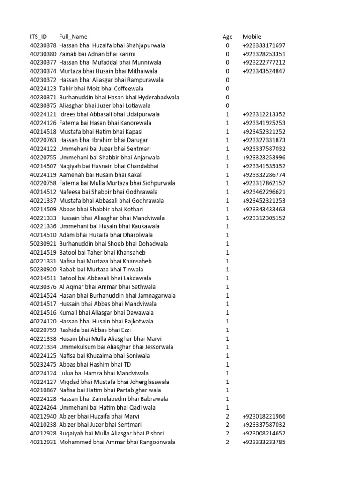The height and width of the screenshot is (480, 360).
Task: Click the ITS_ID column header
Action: coord(38,37)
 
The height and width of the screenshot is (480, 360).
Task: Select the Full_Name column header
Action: coord(73,37)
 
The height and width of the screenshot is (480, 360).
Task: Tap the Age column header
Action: coord(227,37)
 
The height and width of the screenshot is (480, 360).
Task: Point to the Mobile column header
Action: coord(252,37)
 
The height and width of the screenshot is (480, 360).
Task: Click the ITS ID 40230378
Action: coord(43,45)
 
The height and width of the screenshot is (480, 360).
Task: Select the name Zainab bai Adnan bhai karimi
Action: coord(97,54)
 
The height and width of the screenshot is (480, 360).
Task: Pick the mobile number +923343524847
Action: coord(264,71)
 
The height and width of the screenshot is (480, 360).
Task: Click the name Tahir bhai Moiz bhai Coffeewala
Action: coord(101,89)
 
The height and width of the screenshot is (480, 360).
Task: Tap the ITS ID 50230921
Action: coord(43,244)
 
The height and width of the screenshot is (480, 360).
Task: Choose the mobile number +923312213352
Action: coord(264,114)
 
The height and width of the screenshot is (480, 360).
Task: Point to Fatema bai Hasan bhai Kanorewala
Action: coord(105,123)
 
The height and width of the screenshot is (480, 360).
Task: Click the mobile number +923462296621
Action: coord(264,192)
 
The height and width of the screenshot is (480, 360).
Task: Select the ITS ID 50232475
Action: coord(43,364)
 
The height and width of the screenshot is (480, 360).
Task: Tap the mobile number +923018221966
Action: coord(264,416)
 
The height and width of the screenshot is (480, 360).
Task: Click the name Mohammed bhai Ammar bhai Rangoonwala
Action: coord(117,442)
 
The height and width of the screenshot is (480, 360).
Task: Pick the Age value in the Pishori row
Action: coord(228,434)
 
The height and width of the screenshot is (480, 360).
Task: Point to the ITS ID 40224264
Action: coord(43,408)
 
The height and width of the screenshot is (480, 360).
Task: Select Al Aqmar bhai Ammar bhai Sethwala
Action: coord(107,287)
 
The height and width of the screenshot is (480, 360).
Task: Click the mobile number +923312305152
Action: coord(264,218)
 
